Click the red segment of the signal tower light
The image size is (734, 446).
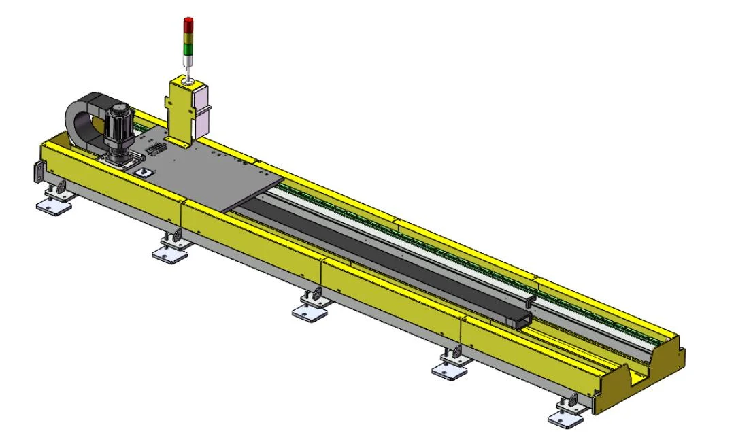(188, 24)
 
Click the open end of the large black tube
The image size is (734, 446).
(520, 322)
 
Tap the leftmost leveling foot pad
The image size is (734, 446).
(54, 203)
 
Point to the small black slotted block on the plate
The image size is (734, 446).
(156, 150)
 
